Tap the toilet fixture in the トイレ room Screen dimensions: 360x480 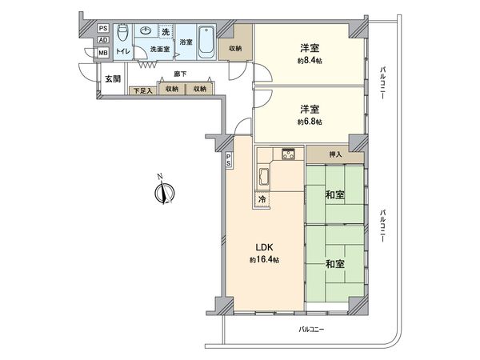click(x=122, y=34)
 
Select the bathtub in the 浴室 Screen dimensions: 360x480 click(x=205, y=41)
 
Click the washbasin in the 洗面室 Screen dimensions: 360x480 click(x=146, y=31)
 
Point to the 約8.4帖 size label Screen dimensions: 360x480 click(x=310, y=61)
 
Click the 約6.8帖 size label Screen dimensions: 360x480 click(x=310, y=122)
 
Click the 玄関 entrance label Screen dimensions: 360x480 click(x=113, y=79)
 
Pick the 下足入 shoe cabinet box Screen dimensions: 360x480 click(x=142, y=90)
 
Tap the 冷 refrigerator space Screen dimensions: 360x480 click(x=262, y=198)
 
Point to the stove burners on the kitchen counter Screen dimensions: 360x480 click(x=287, y=154)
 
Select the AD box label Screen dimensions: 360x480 click(x=102, y=41)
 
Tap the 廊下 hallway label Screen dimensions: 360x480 click(x=180, y=74)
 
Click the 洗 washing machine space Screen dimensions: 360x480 click(x=166, y=32)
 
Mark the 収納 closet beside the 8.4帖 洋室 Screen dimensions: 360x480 click(x=235, y=47)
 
